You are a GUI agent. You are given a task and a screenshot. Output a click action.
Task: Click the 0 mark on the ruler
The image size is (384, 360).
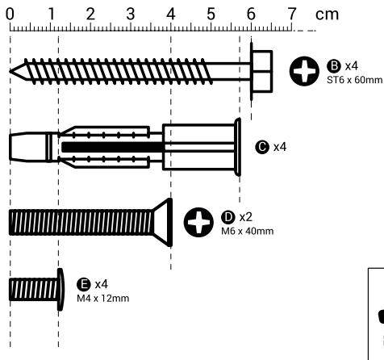point(10,14)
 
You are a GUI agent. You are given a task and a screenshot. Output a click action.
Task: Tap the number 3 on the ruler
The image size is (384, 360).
point(131,14)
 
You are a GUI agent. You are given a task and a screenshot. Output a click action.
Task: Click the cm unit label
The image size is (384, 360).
point(327,14)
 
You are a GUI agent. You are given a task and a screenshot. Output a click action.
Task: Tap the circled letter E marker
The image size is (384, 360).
point(81,285)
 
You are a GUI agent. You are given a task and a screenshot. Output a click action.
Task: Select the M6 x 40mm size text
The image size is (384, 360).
point(247,232)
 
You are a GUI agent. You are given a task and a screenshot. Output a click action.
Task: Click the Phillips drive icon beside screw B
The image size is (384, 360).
point(303,72)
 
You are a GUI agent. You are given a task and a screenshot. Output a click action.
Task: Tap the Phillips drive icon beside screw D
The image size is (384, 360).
point(197,224)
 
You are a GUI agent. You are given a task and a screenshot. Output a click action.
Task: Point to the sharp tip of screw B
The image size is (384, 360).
point(13,71)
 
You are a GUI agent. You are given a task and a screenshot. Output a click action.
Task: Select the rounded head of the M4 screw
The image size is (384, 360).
point(60,290)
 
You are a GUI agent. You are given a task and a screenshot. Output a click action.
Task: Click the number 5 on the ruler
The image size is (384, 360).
point(211,14)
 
